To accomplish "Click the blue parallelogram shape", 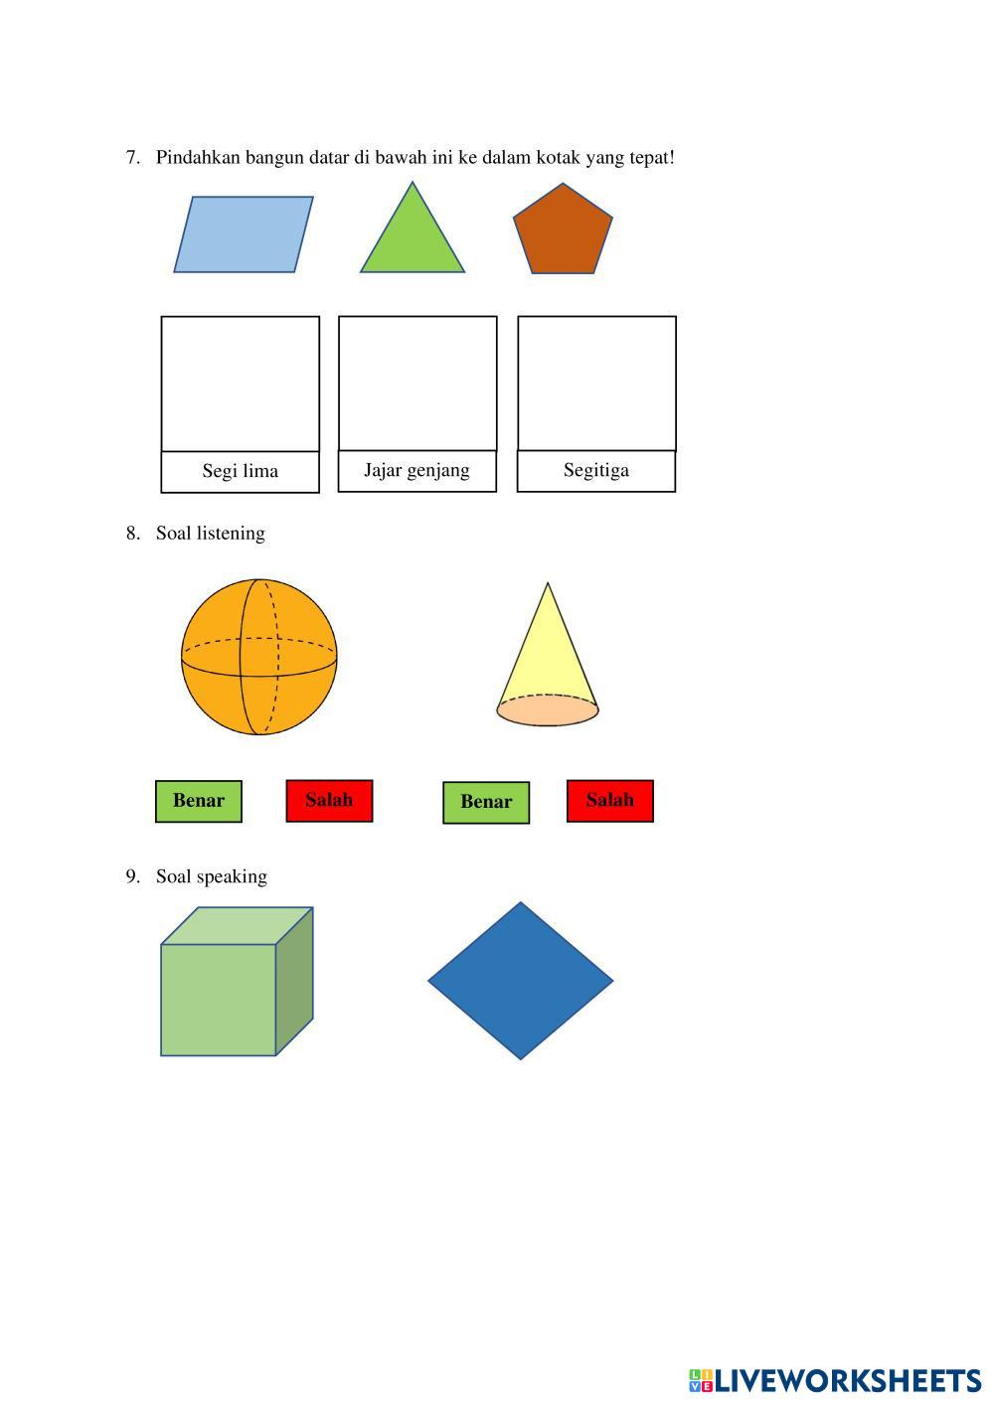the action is tap(244, 234).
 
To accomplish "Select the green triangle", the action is tap(412, 238).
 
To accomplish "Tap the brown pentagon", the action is tap(563, 231).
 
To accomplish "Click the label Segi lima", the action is tap(241, 471).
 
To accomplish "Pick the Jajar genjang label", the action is tap(416, 470).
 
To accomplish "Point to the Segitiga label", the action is tap(596, 470).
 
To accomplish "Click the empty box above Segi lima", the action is tap(241, 384).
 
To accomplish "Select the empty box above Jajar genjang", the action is tap(417, 383).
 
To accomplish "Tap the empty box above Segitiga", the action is tap(596, 383).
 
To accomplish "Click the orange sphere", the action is tap(259, 657).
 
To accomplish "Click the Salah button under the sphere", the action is tap(329, 801).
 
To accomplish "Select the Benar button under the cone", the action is tap(486, 802).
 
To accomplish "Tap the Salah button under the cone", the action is tap(609, 801).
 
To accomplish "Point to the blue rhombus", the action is tap(520, 981).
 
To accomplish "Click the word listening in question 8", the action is tap(231, 534).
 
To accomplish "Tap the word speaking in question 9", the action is tap(232, 876).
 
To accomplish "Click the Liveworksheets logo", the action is tap(835, 1380).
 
